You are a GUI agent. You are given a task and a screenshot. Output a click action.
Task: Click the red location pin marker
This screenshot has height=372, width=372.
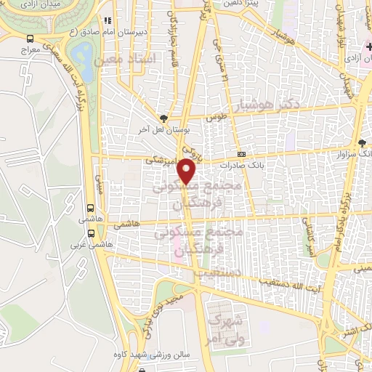[187, 171]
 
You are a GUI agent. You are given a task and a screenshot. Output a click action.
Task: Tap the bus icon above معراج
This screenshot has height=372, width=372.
[30, 39]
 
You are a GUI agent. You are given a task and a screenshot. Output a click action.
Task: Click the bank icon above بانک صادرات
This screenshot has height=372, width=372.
[242, 154]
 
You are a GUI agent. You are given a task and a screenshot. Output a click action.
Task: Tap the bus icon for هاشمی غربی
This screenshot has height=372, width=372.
[92, 233]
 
